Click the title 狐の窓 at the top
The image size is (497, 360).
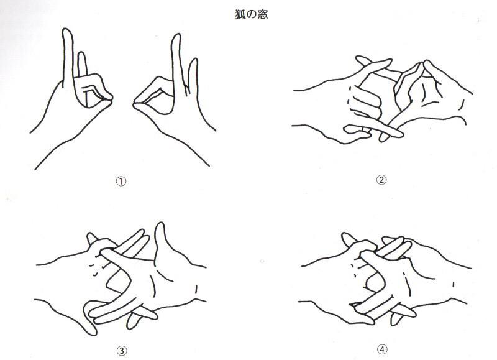point(252,14)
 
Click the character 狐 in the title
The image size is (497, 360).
point(240,14)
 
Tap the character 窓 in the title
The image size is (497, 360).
point(263,14)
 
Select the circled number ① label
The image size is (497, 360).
point(121,181)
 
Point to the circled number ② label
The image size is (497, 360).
point(381,180)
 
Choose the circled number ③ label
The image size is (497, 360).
point(122,351)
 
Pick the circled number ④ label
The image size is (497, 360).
point(382,349)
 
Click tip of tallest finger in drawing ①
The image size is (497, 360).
point(67,29)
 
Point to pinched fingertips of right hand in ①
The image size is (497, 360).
point(137,103)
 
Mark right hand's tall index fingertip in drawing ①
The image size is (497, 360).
point(176,35)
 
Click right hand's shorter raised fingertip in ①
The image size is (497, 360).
point(194,60)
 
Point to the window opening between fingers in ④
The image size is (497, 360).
point(373,280)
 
